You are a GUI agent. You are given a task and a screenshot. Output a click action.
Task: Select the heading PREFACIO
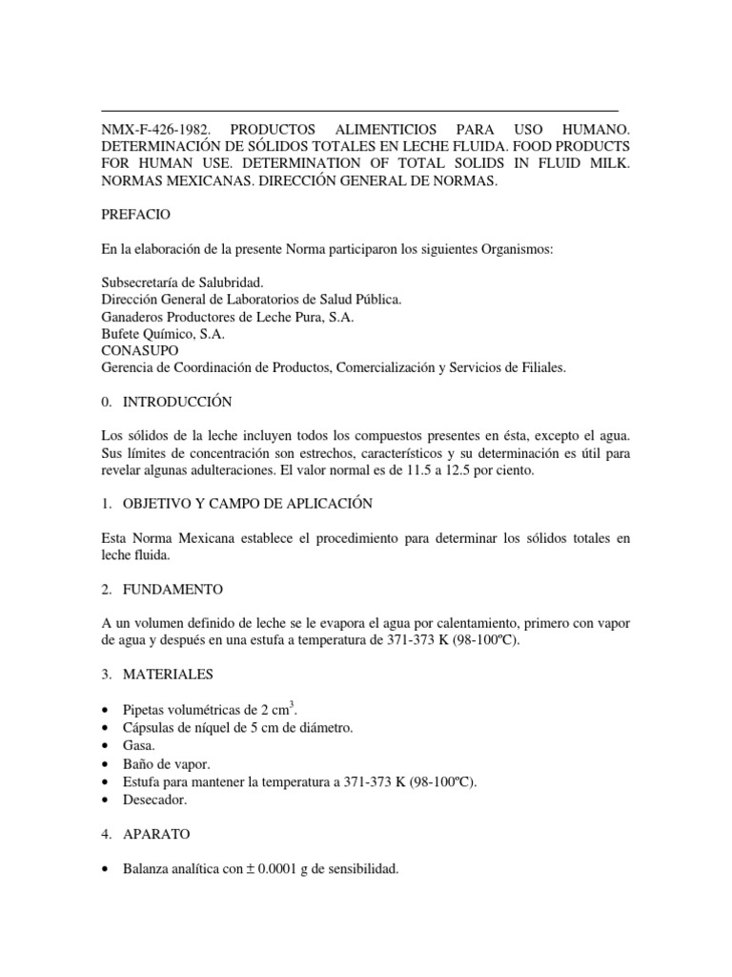click(135, 215)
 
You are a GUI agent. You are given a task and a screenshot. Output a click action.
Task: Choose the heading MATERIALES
click(168, 675)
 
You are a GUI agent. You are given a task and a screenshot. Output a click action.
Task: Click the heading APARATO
click(156, 834)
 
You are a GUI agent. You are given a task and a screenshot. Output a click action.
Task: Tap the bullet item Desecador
click(155, 800)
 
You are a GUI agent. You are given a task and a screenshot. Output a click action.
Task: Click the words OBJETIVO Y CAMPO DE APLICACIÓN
click(247, 503)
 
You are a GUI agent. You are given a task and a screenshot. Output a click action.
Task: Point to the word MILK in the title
click(609, 163)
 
